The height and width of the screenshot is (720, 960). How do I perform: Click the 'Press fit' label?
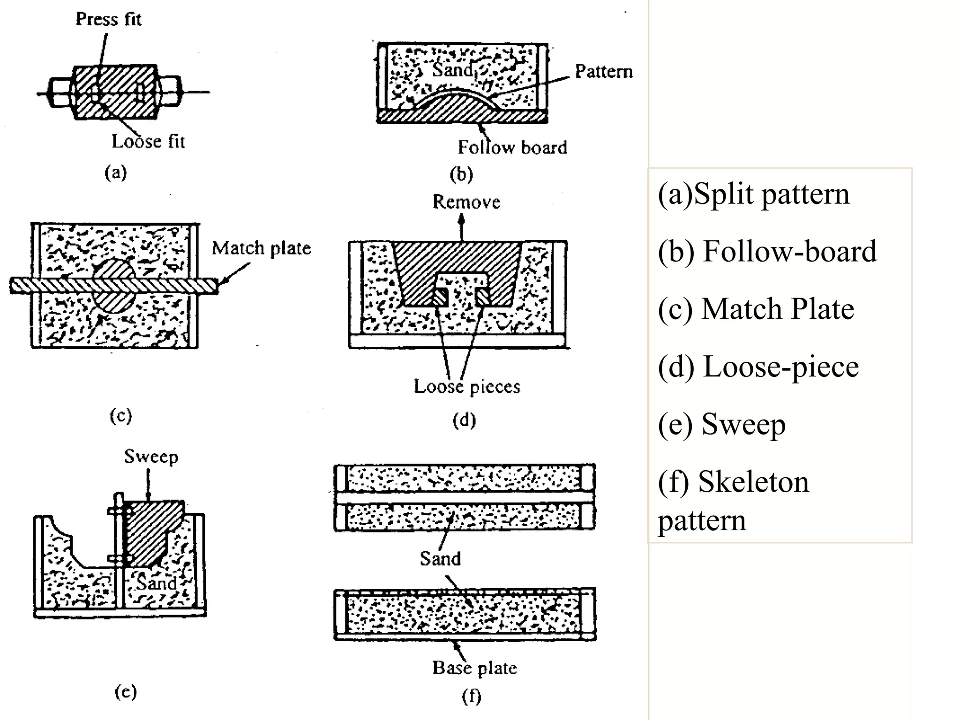(x=108, y=19)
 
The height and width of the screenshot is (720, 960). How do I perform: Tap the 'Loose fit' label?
(x=148, y=141)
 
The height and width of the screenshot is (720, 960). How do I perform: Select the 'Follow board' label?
(x=512, y=147)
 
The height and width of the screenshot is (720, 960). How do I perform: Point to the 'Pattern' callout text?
(x=604, y=72)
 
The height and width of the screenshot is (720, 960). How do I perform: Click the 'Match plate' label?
(x=261, y=248)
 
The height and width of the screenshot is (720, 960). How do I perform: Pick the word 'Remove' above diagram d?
(x=466, y=202)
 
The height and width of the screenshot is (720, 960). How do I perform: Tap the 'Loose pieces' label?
(x=467, y=387)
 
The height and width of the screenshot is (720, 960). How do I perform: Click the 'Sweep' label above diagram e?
(x=151, y=457)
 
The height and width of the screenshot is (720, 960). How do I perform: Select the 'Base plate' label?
(x=474, y=668)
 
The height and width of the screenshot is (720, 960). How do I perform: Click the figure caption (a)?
(x=116, y=173)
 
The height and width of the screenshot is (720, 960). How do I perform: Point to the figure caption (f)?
(x=471, y=696)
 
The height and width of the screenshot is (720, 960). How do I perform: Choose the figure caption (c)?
(x=120, y=416)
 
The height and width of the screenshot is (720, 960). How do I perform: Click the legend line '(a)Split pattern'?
(x=753, y=194)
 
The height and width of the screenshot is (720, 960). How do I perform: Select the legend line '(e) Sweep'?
(x=721, y=424)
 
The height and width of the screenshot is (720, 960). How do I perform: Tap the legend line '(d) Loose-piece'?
(x=758, y=367)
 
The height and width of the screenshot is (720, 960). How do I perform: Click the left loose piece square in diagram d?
(x=440, y=296)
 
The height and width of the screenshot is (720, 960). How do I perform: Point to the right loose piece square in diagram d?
(x=482, y=296)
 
